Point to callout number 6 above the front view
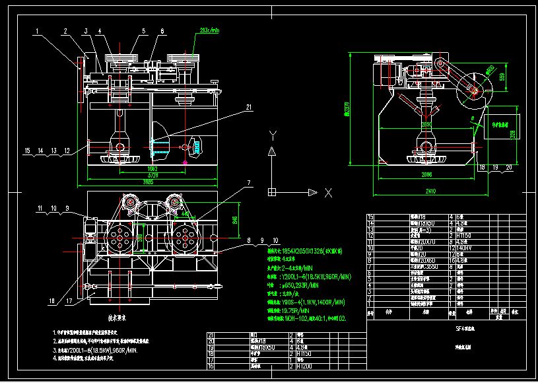[162, 30]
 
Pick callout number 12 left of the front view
[67, 151]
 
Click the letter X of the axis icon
[327, 192]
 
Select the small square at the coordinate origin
[271, 192]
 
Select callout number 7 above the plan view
[249, 182]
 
